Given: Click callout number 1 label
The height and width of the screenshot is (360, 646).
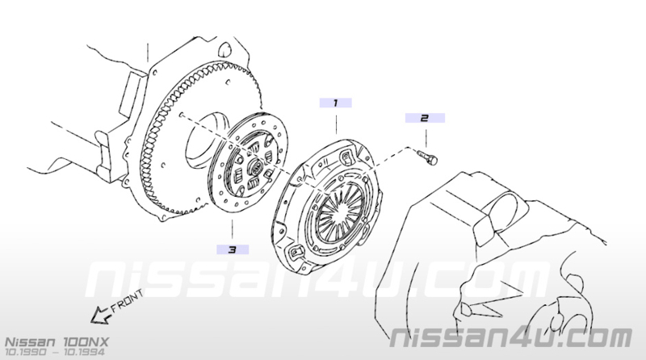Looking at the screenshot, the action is [335, 103].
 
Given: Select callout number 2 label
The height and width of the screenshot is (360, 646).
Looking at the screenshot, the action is [425, 118].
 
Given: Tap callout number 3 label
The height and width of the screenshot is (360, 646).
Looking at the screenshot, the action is [233, 249].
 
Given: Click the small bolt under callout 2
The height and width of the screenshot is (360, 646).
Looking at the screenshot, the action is [427, 157].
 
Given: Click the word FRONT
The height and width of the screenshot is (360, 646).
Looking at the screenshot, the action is [128, 301].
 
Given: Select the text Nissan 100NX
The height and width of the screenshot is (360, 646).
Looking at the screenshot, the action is [57, 342].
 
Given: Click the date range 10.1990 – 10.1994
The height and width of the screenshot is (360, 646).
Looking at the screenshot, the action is [54, 352].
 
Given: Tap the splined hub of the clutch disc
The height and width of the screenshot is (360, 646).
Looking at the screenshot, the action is [255, 168].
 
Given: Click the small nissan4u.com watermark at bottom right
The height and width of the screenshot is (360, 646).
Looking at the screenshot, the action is [511, 337].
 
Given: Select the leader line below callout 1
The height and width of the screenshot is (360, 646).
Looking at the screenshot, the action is [336, 125].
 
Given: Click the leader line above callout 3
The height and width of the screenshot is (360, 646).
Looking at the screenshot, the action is [232, 229].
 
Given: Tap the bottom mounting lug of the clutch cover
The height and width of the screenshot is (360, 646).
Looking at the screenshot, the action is [296, 254].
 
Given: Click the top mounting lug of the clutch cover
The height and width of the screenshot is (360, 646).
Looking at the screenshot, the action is [346, 157].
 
